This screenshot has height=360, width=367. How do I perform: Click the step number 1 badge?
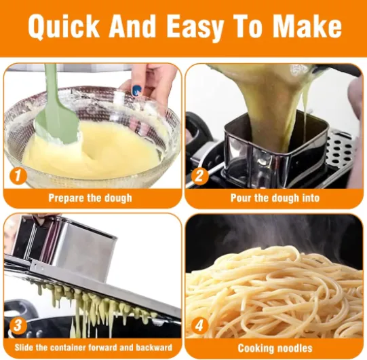click(x=18, y=176)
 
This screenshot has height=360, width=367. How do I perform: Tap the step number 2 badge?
click(x=199, y=176)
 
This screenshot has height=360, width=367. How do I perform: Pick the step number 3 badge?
click(x=18, y=326)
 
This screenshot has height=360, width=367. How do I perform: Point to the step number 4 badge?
click(x=199, y=326)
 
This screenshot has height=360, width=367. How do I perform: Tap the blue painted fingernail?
click(x=136, y=91)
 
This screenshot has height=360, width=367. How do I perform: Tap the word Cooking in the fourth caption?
click(x=255, y=348)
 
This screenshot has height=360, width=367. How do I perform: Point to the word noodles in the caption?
click(x=294, y=348)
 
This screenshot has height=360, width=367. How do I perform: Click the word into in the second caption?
click(x=311, y=198)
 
